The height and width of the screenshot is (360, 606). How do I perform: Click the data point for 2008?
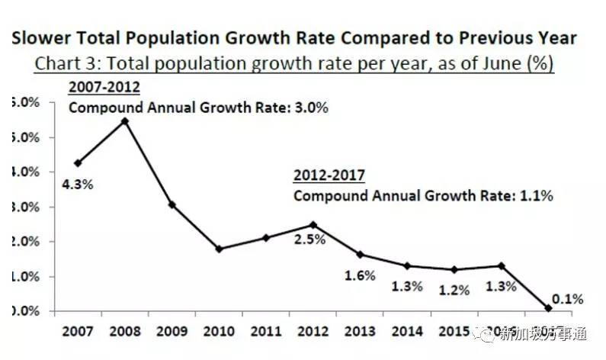(125, 121)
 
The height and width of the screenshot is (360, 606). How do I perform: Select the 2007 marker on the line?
(78, 162)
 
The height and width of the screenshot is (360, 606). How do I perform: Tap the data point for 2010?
(219, 249)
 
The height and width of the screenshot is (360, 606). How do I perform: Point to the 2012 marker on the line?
(313, 224)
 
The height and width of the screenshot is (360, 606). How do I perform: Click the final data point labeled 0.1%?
(549, 308)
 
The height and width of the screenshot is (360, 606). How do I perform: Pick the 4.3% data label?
(78, 185)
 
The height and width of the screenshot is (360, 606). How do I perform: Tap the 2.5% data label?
(311, 239)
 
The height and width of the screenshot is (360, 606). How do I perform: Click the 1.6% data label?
(360, 275)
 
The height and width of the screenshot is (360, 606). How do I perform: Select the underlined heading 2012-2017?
(329, 176)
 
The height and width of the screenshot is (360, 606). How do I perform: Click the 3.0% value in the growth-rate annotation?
(313, 108)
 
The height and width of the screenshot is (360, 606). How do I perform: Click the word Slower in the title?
(40, 37)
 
